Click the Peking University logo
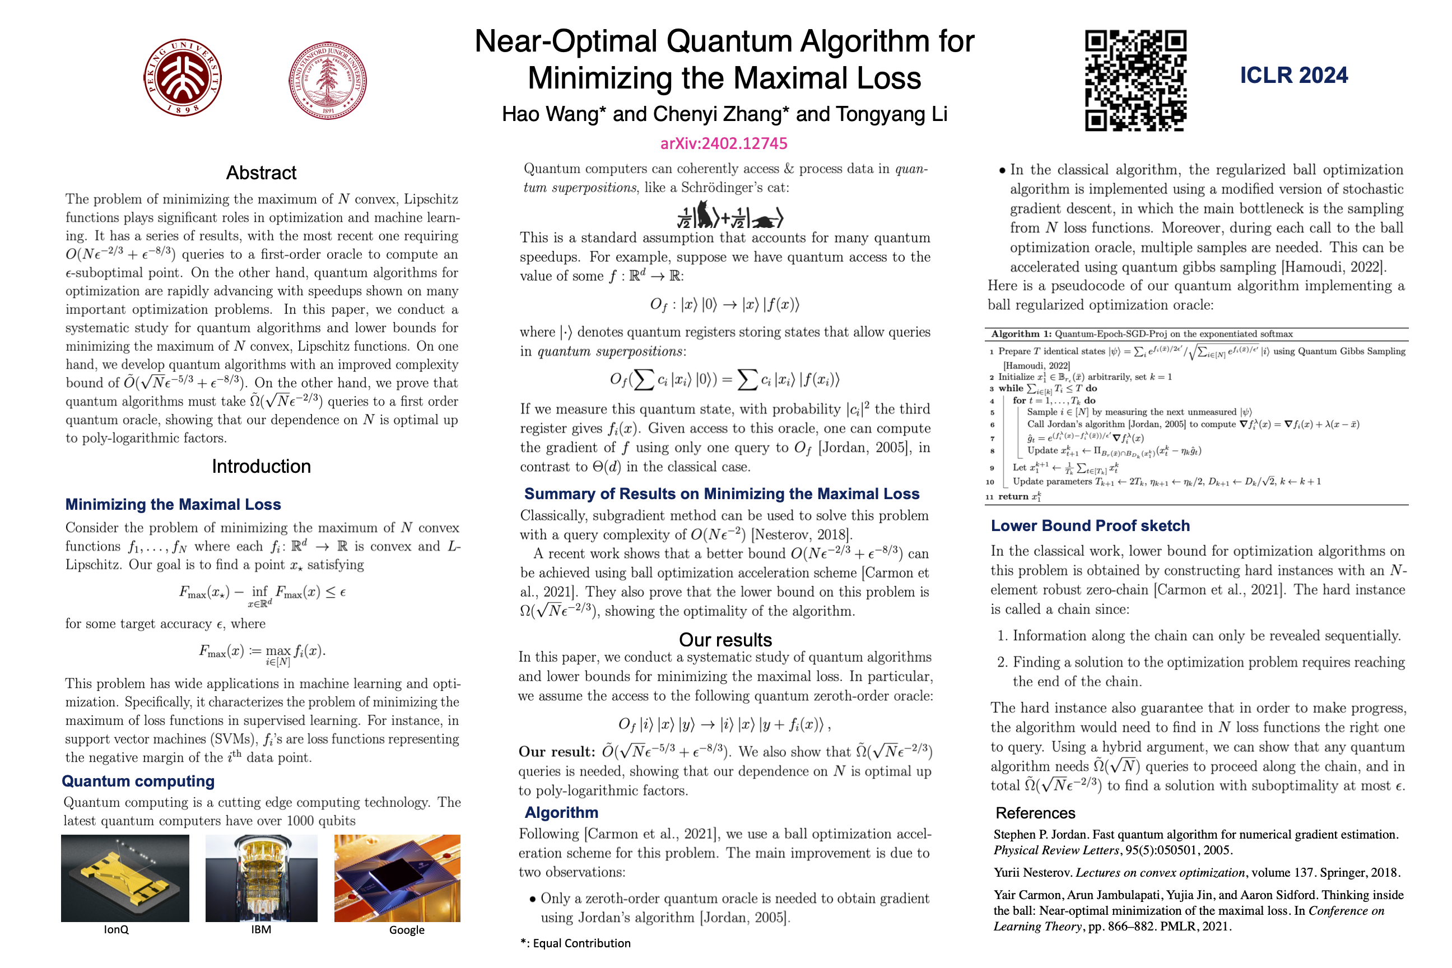pyautogui.click(x=183, y=78)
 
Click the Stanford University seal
pyautogui.click(x=328, y=80)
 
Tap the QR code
pyautogui.click(x=1135, y=80)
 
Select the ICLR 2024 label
pyautogui.click(x=1293, y=75)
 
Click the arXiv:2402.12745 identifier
pyautogui.click(x=724, y=144)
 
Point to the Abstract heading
pyautogui.click(x=261, y=173)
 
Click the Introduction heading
pyautogui.click(x=261, y=467)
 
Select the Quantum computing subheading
pyautogui.click(x=138, y=781)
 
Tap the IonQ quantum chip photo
pyautogui.click(x=125, y=878)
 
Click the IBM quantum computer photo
pyautogui.click(x=261, y=878)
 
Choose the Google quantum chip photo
pyautogui.click(x=397, y=878)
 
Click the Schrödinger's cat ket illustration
pyautogui.click(x=730, y=216)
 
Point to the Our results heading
pyautogui.click(x=725, y=640)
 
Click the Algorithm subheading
pyautogui.click(x=561, y=812)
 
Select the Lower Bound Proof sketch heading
pyautogui.click(x=1090, y=525)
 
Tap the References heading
pyautogui.click(x=1035, y=813)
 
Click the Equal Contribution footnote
pyautogui.click(x=575, y=943)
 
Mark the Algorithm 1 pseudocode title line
pyautogui.click(x=1142, y=334)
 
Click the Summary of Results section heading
pyautogui.click(x=722, y=494)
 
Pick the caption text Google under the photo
pyautogui.click(x=407, y=930)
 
